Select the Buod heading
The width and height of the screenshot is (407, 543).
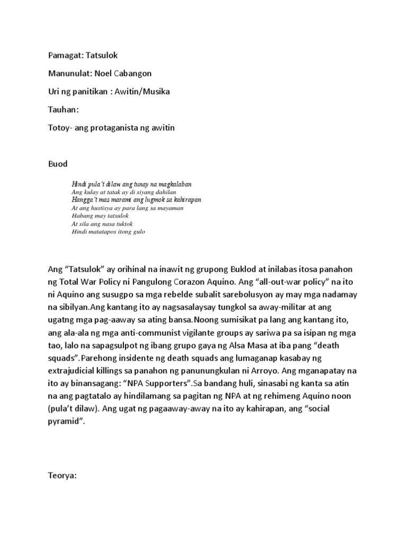(58, 164)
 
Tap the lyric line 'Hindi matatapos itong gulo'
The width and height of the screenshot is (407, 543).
(108, 232)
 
